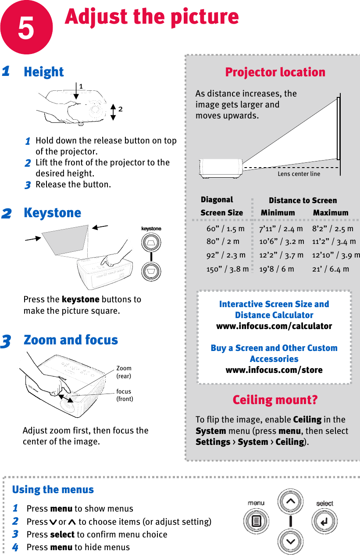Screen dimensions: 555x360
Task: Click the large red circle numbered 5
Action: click(26, 27)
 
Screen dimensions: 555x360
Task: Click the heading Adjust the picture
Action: click(152, 17)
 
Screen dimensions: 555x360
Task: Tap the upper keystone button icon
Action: click(151, 242)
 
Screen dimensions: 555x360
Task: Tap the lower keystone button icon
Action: click(151, 271)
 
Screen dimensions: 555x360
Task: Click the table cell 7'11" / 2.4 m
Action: click(281, 229)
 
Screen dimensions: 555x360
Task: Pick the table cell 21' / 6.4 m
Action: click(331, 269)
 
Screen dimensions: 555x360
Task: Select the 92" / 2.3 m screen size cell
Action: click(226, 255)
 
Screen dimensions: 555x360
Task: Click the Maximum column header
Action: click(331, 213)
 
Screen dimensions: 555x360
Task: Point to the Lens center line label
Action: click(299, 174)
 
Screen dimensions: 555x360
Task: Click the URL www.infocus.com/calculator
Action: click(274, 326)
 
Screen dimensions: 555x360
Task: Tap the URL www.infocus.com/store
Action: click(274, 370)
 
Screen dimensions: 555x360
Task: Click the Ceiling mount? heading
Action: click(275, 400)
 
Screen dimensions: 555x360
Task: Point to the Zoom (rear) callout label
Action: click(124, 372)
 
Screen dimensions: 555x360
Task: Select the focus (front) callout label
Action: click(124, 395)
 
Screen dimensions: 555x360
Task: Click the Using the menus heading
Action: click(53, 490)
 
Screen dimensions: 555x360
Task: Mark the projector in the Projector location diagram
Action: click(221, 168)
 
